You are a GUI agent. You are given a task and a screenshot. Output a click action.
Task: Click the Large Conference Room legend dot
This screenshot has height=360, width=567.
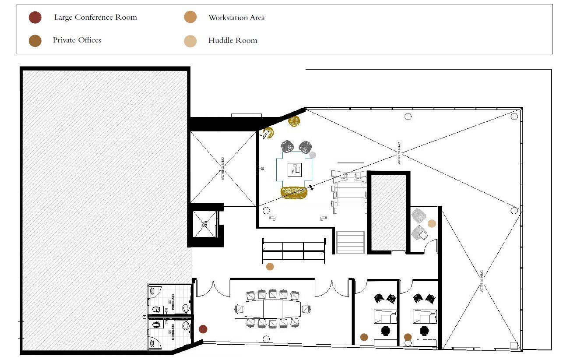click(35, 18)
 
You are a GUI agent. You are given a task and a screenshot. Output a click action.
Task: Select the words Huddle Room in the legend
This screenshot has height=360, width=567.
click(232, 41)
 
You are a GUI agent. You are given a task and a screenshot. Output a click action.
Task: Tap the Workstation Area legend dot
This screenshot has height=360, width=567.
click(190, 18)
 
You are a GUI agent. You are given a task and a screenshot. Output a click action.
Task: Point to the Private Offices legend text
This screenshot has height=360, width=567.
click(77, 40)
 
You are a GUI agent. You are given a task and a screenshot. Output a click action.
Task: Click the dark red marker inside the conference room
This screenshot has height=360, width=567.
click(203, 329)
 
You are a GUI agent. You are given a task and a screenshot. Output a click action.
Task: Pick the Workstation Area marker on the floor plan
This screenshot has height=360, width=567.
click(270, 266)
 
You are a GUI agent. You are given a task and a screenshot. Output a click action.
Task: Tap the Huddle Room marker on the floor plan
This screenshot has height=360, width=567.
click(432, 223)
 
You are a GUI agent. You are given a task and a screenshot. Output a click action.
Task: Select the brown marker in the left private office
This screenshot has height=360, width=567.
click(364, 337)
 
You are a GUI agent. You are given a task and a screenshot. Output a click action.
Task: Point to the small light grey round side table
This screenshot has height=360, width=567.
click(312, 155)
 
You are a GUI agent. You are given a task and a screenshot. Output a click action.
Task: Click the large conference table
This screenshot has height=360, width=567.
click(273, 309)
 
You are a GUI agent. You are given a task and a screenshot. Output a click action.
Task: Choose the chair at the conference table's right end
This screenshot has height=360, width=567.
click(306, 309)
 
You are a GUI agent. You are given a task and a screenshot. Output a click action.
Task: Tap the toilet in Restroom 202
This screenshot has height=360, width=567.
click(186, 308)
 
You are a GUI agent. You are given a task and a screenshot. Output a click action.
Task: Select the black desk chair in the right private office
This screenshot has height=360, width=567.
click(425, 330)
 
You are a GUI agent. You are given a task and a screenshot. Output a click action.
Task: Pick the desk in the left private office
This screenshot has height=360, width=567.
click(385, 317)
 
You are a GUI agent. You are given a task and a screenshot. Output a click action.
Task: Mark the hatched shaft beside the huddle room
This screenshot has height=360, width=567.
click(388, 212)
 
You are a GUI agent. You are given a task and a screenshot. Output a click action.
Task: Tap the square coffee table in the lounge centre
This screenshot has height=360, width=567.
click(295, 169)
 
